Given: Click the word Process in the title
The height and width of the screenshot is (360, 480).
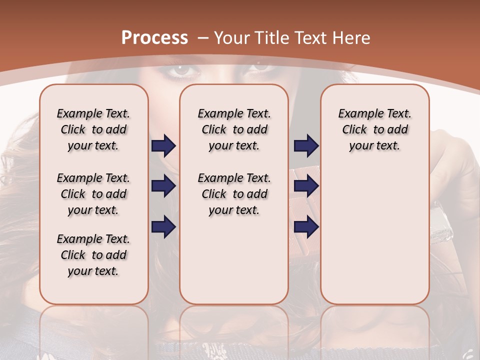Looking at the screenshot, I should tap(155, 38).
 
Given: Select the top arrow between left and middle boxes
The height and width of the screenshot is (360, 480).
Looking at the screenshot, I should tap(163, 145).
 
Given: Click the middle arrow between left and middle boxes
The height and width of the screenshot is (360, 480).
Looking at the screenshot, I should tap(163, 186).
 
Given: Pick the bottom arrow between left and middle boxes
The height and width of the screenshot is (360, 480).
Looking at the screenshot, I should tap(163, 227).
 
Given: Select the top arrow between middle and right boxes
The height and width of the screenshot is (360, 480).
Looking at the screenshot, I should tap(306, 145).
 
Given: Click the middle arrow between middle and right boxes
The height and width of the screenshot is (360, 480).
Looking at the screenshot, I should tap(306, 186).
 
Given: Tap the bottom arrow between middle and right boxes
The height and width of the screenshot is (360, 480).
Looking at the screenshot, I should tap(306, 227).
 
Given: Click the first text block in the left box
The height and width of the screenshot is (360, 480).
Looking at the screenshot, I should tap(93, 129).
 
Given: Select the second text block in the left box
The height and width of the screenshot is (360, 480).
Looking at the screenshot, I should tap(93, 194).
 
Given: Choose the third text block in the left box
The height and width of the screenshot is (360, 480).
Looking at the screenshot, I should tap(93, 255).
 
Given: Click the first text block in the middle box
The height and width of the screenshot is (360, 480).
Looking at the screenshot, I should tap(234, 129).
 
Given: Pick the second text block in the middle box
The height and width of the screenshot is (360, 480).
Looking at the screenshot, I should tap(234, 194).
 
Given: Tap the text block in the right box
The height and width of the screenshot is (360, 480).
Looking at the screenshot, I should tap(374, 129).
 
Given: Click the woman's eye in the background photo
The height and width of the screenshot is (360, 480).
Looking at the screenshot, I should tap(181, 70).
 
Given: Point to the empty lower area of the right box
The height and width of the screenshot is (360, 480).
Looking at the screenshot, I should tap(374, 235).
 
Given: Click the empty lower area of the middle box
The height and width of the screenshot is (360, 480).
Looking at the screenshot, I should tap(234, 260).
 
